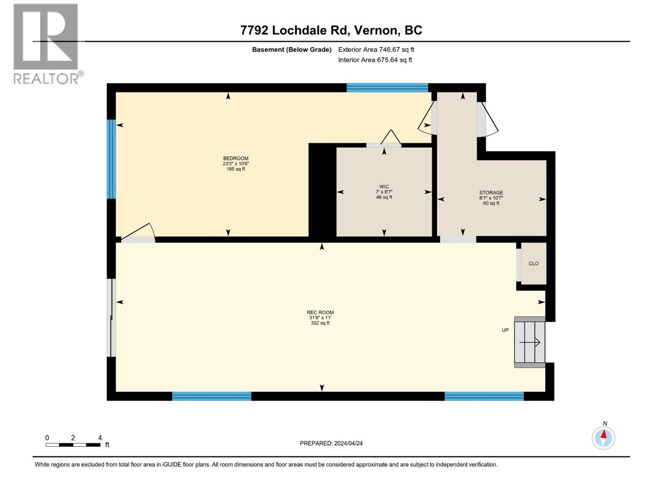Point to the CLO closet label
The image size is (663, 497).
point(533,263)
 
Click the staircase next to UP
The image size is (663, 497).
point(530,342)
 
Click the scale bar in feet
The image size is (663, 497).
point(73,445)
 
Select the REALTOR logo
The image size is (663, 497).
point(46,43)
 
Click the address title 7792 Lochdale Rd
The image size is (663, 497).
point(331,30)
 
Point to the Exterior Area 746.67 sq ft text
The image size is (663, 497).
point(376,50)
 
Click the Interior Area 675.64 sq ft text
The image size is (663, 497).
point(375,60)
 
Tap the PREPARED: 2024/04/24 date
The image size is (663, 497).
point(331,443)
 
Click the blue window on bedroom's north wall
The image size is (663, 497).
point(387,87)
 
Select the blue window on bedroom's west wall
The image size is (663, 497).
point(111,159)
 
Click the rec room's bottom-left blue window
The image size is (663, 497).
point(211,396)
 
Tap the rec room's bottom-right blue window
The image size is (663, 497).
point(484,396)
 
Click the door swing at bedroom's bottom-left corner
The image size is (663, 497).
point(139,234)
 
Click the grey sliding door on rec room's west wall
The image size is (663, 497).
point(111,318)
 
